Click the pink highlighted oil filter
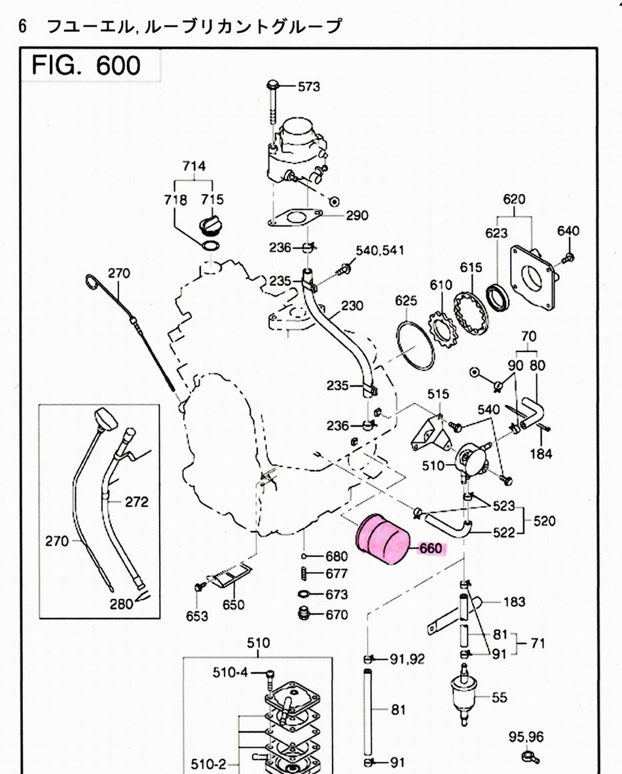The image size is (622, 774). point(383,539)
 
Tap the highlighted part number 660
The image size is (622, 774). point(431,549)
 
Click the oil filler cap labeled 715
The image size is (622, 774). point(211,225)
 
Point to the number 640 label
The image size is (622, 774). point(568,231)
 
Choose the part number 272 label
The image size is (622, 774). point(136,502)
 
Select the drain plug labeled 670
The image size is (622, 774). point(303,615)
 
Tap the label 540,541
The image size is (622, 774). point(380,250)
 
